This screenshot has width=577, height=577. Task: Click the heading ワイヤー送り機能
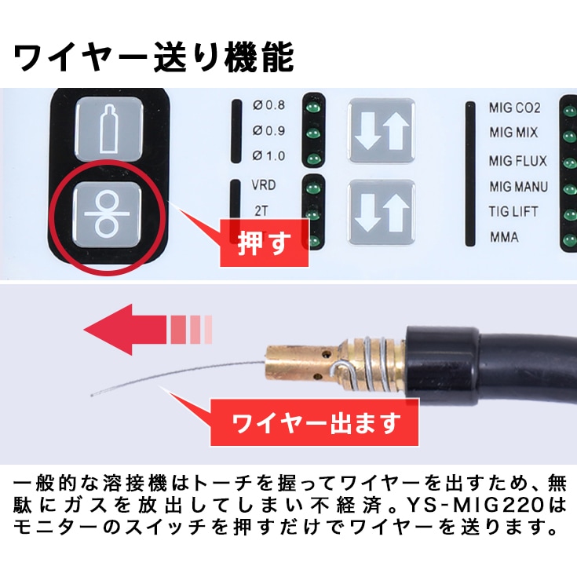(x=155, y=57)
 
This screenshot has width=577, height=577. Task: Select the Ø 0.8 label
(x=269, y=105)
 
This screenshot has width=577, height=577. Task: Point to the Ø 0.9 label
(x=269, y=130)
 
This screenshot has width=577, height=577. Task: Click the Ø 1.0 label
(x=269, y=155)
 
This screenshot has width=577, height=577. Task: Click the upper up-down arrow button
(x=382, y=131)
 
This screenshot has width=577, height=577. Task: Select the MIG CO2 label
(x=515, y=108)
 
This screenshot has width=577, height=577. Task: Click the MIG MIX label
(x=513, y=133)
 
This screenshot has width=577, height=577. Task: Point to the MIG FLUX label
(x=517, y=160)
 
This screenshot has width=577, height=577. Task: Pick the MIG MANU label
(x=518, y=187)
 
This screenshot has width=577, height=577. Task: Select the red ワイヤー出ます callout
(x=315, y=423)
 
